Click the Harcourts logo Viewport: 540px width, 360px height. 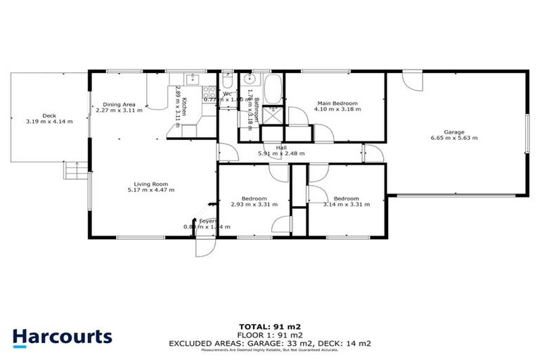tap(62, 336)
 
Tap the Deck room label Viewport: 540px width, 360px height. tap(49, 116)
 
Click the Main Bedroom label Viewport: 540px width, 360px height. tap(336, 103)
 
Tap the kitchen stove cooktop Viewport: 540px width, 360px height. tap(210, 91)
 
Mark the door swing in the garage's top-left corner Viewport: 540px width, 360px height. tap(414, 78)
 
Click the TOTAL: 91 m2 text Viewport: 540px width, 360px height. tap(269, 327)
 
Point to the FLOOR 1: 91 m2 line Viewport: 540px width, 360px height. tap(269, 335)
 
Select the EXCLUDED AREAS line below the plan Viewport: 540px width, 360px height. tap(269, 342)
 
